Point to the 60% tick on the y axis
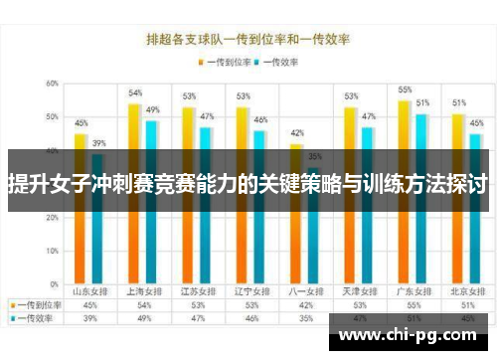click(x=51, y=84)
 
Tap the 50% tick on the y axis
click(x=51, y=117)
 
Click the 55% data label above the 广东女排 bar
click(x=405, y=90)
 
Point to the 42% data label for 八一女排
click(x=296, y=133)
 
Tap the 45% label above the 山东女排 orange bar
click(x=82, y=123)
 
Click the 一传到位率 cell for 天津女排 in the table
click(x=350, y=305)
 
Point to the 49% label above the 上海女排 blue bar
click(x=153, y=109)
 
